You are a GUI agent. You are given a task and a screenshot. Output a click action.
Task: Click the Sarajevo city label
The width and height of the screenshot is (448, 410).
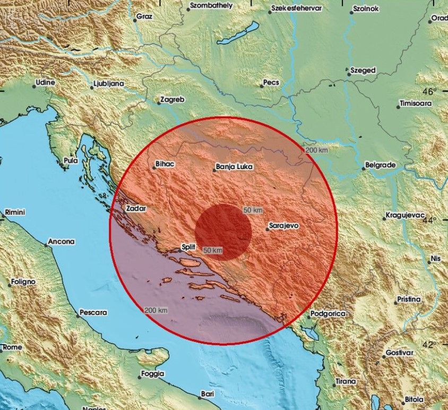point(284,226)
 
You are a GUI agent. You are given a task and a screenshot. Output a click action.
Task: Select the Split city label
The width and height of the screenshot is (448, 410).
point(188,247)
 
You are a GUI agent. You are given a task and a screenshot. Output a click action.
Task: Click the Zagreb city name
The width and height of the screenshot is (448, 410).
point(173,99)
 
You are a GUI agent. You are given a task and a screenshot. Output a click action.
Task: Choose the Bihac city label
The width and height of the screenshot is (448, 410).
point(165,165)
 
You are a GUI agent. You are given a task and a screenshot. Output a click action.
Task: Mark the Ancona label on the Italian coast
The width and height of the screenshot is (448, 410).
point(61,241)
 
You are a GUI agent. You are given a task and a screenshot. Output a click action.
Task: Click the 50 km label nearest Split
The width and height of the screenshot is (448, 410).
point(212,250)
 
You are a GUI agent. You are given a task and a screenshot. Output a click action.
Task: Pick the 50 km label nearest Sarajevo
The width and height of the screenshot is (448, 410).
point(253,211)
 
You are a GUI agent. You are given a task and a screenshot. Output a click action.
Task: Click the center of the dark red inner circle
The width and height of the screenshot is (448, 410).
point(223,232)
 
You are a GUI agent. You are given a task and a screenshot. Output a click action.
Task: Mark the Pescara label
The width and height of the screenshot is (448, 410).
point(93,313)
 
